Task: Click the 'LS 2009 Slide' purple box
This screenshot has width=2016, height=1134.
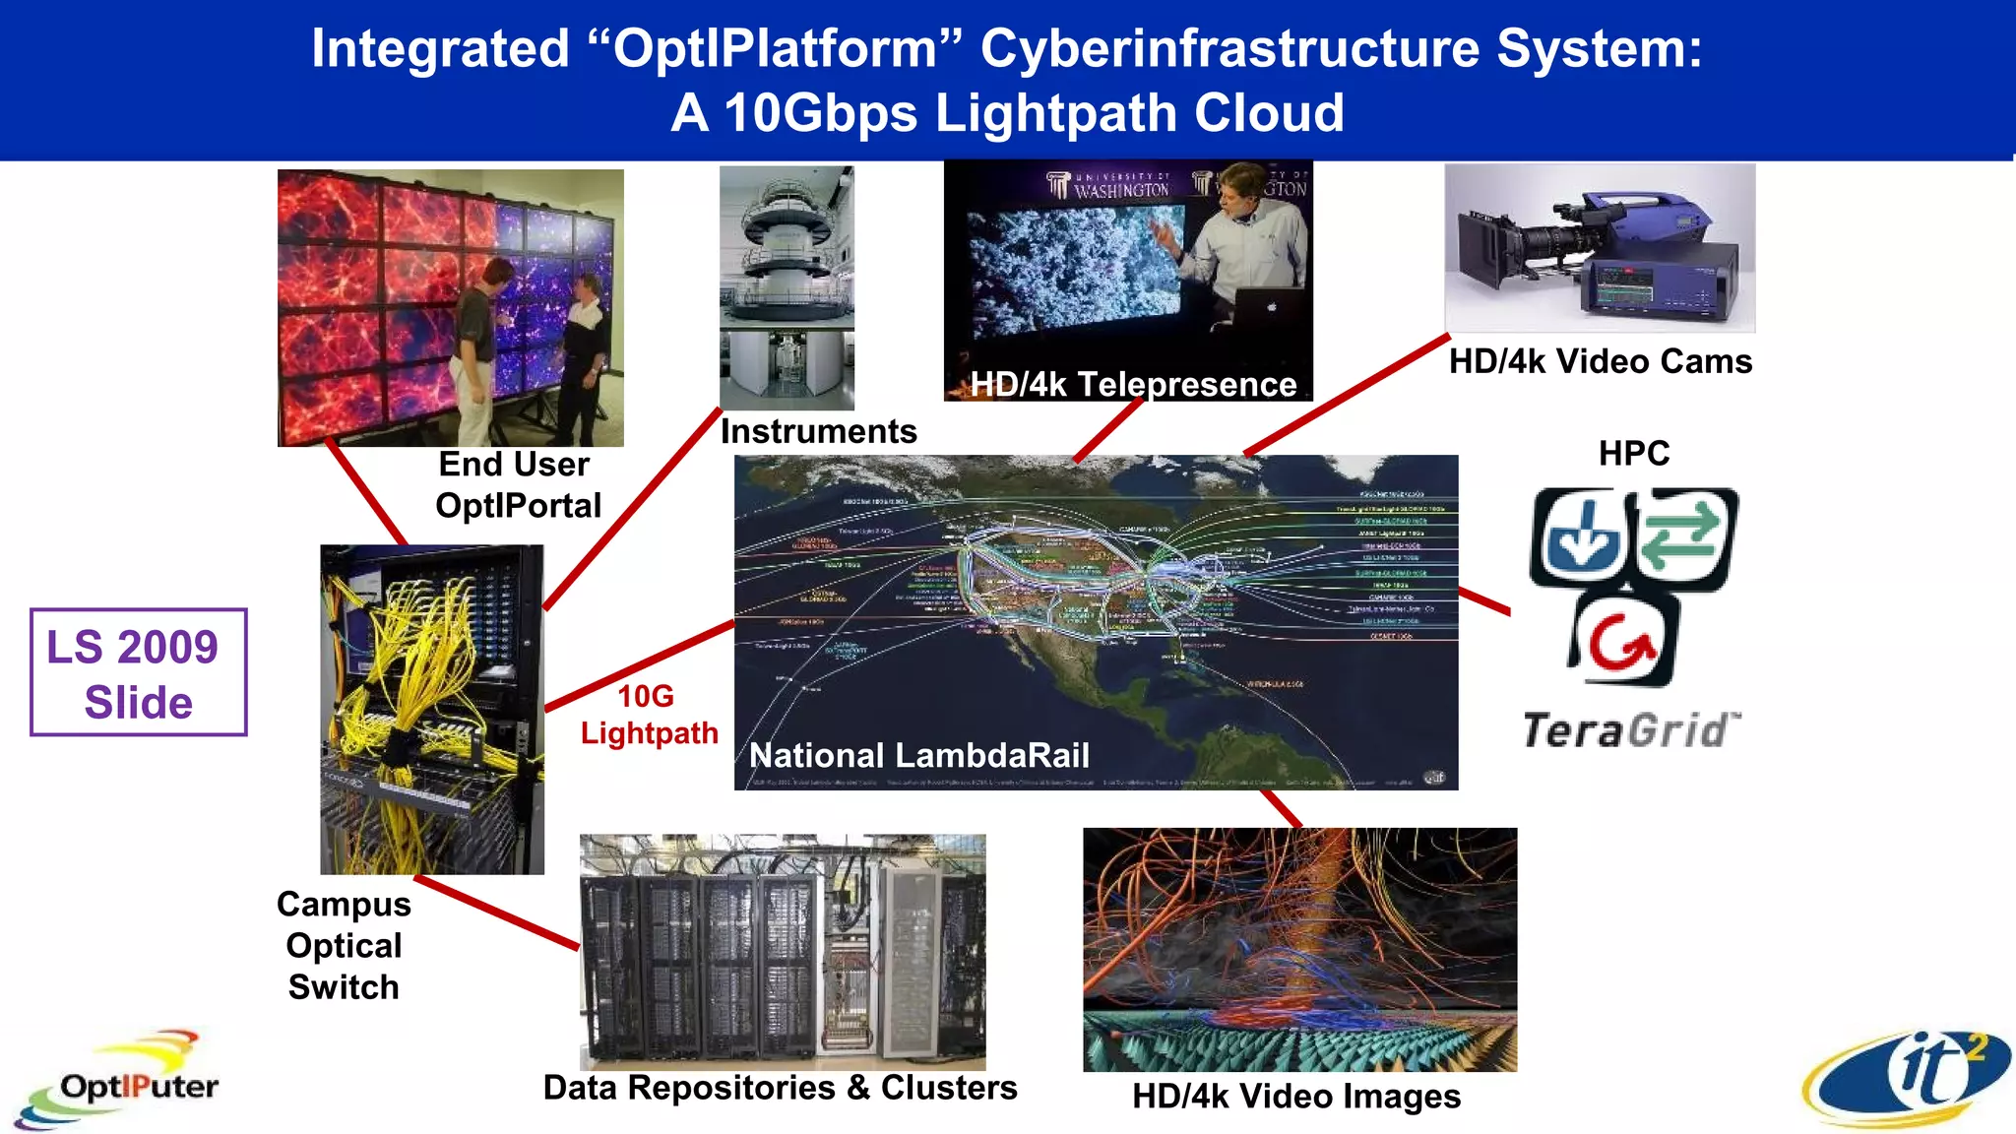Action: pos(138,672)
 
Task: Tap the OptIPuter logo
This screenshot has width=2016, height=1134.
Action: pos(123,1083)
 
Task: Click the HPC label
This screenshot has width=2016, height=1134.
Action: pos(1634,454)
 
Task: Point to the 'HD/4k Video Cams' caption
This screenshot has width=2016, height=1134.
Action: pos(1601,361)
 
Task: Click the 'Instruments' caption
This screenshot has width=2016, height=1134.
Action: pos(818,431)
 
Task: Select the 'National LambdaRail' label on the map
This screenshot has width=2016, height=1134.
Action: pos(918,755)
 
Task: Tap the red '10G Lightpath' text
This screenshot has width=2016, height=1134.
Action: pos(649,715)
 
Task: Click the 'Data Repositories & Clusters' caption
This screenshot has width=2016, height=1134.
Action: pos(780,1088)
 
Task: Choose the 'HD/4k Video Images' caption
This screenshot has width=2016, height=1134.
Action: pos(1295,1097)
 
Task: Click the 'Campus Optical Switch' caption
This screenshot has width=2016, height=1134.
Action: pos(344,945)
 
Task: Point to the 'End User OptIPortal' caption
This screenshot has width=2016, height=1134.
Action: pos(518,484)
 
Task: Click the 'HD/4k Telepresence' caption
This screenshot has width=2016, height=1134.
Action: pos(1133,384)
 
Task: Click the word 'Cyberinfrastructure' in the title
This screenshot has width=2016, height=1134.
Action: pos(1229,48)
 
